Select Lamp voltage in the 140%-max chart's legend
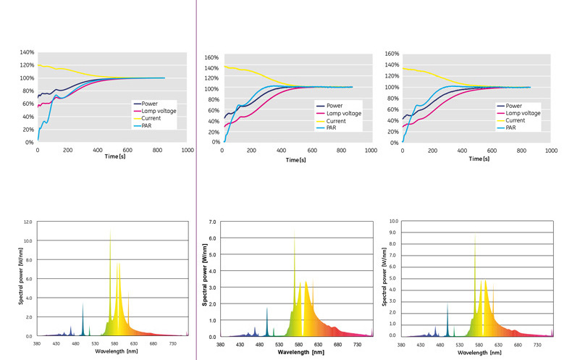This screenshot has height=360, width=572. [154, 111]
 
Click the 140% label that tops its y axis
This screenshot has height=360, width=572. [28, 53]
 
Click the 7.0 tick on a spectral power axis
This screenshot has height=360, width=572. [211, 222]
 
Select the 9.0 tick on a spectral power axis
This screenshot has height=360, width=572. [392, 233]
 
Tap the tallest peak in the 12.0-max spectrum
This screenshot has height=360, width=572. [111, 232]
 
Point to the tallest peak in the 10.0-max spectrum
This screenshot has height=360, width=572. [475, 236]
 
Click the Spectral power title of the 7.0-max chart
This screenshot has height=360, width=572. [205, 280]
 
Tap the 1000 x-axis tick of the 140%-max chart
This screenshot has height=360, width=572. [187, 149]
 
